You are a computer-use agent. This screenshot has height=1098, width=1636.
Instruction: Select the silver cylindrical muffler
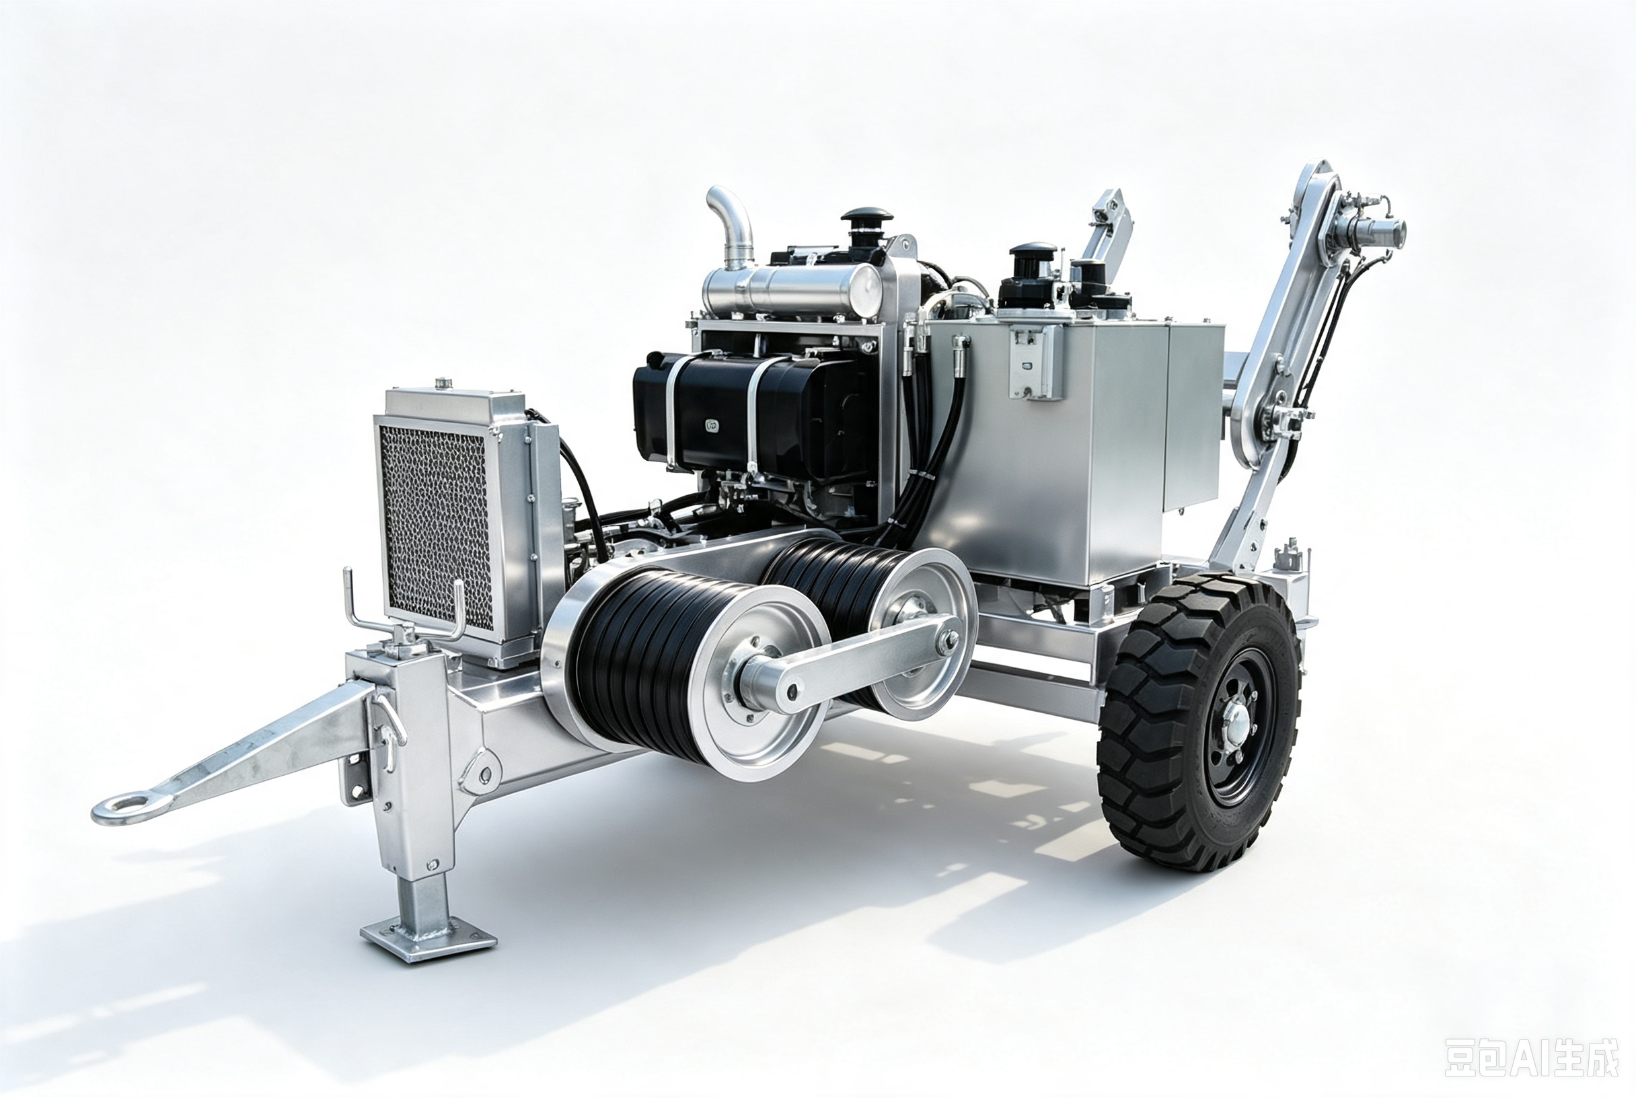tap(791, 289)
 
